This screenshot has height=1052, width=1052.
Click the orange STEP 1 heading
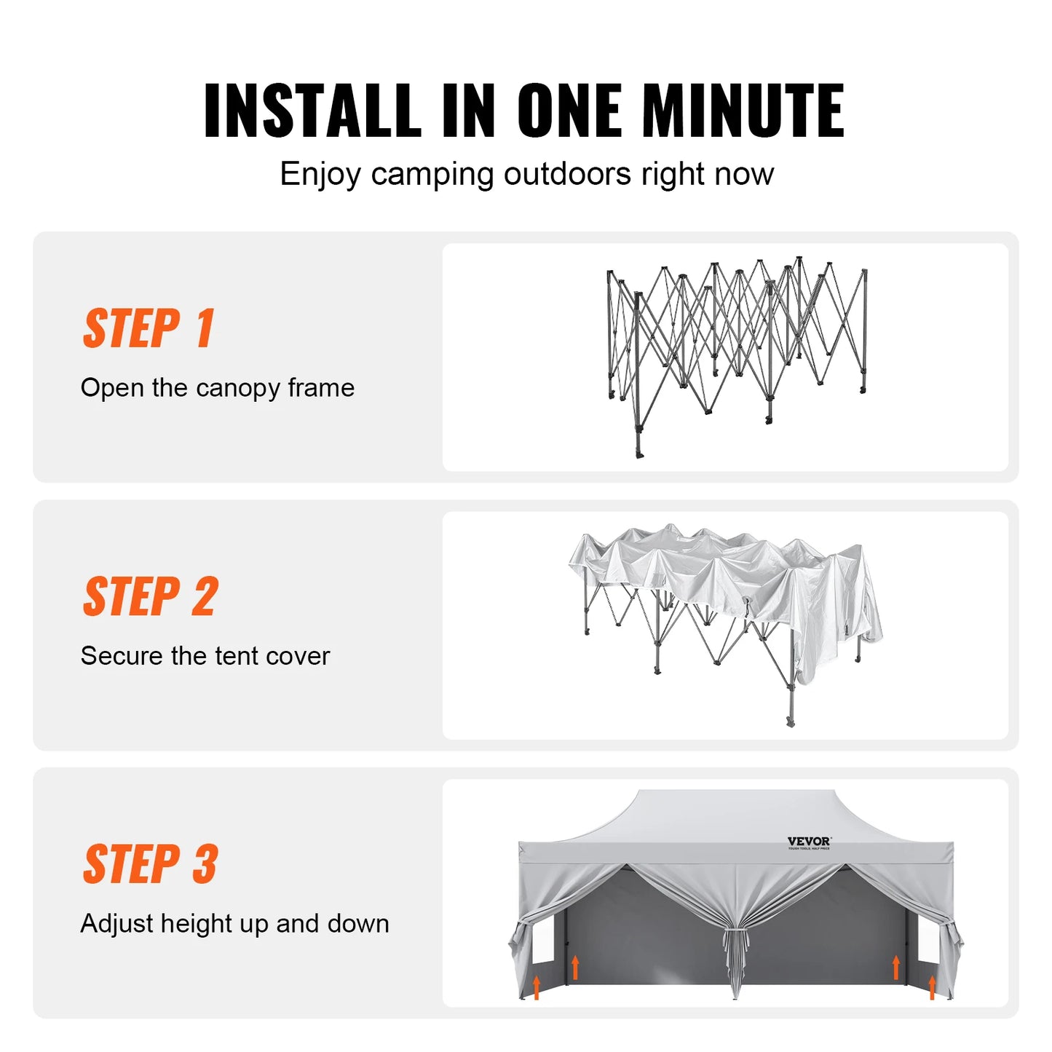pos(149,328)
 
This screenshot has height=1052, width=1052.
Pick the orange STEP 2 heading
pos(150,596)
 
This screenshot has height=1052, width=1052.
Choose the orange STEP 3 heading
pos(150,864)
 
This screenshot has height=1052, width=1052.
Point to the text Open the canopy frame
pos(217,388)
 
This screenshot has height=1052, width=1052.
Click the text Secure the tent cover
pos(205,656)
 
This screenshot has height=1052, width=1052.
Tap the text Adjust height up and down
pos(234,924)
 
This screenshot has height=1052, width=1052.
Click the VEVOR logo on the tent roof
pos(809,842)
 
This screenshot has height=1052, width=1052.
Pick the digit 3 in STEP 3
pos(205,864)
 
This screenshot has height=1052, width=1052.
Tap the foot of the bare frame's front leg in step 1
pos(640,454)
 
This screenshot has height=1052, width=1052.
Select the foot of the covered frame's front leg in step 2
pos(791,722)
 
